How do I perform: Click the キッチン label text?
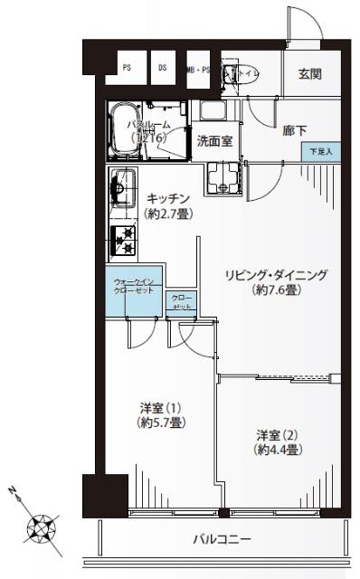167,198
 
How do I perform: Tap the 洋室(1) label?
163,406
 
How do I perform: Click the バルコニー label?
221,540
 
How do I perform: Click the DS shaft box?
163,67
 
